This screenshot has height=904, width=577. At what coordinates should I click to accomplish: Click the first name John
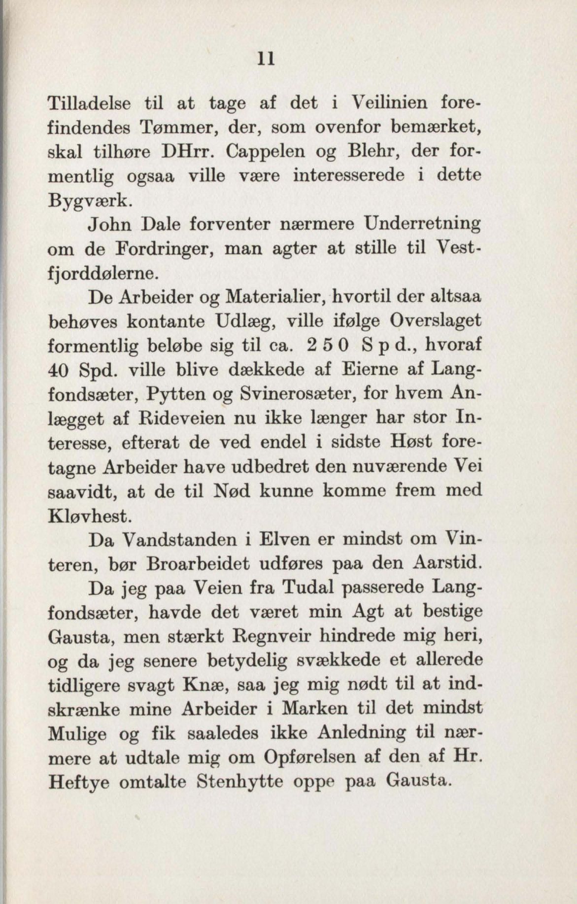[110, 224]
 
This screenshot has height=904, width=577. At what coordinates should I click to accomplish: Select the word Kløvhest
[90, 516]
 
